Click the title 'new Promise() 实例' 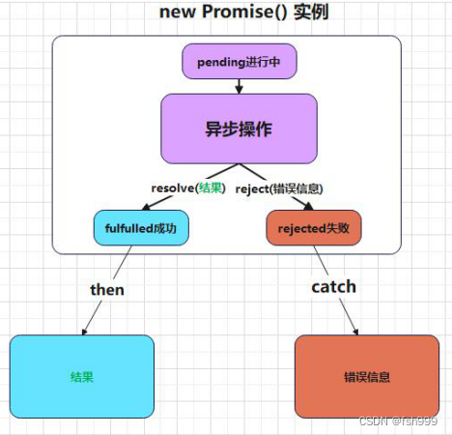226,14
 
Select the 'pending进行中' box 239,61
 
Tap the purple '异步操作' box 239,129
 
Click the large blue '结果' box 82,376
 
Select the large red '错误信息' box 366,377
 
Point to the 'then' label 107,289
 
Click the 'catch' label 333,286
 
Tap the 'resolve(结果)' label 190,188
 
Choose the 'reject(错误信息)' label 278,188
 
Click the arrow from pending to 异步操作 239,86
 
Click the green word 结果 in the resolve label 210,188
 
